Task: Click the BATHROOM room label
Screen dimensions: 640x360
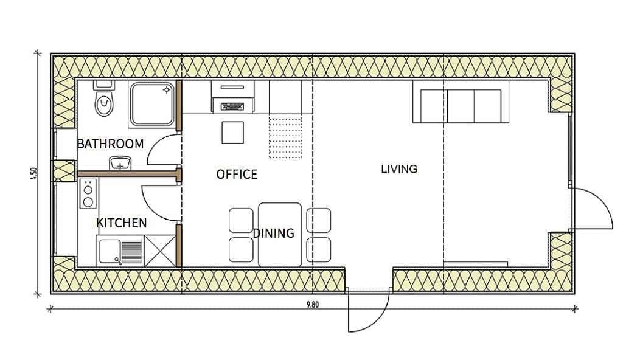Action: pyautogui.click(x=110, y=144)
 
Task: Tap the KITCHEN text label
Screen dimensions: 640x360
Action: pyautogui.click(x=121, y=223)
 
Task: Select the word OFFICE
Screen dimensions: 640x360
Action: pyautogui.click(x=237, y=175)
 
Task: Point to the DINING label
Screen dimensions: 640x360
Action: pyautogui.click(x=274, y=233)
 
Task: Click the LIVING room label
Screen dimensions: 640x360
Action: pyautogui.click(x=399, y=169)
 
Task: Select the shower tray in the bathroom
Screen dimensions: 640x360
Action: pyautogui.click(x=151, y=104)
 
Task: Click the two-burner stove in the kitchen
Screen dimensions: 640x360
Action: pyautogui.click(x=88, y=193)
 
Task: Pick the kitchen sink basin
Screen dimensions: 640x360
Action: pyautogui.click(x=110, y=251)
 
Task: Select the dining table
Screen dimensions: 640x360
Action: pyautogui.click(x=280, y=235)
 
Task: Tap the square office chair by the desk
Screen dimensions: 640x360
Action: pyautogui.click(x=232, y=132)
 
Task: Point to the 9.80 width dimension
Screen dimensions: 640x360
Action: pyautogui.click(x=312, y=305)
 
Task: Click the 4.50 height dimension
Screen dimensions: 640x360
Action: pyautogui.click(x=34, y=175)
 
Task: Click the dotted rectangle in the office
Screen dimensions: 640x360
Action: pyautogui.click(x=285, y=137)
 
